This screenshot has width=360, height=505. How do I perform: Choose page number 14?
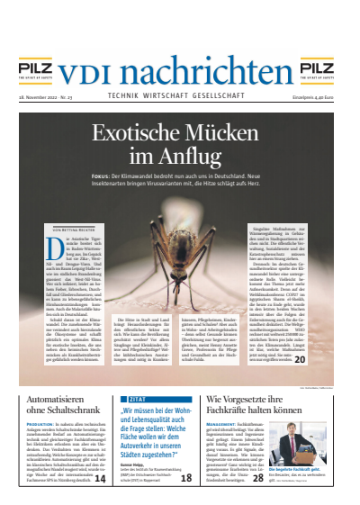coord(100,479)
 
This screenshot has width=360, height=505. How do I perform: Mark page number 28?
coord(259,479)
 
